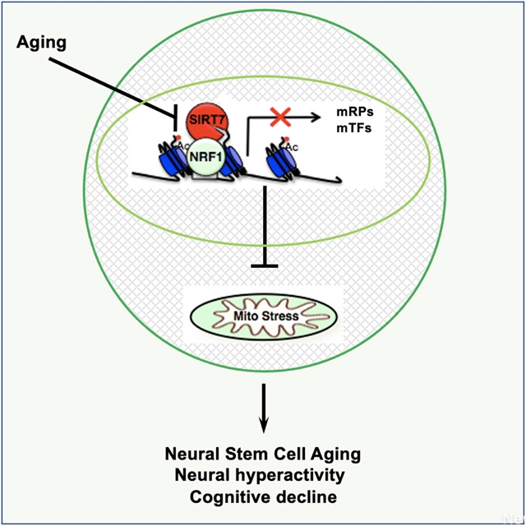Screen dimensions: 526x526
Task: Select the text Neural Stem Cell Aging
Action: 263,454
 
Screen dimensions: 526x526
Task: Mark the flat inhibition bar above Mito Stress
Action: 264,265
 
